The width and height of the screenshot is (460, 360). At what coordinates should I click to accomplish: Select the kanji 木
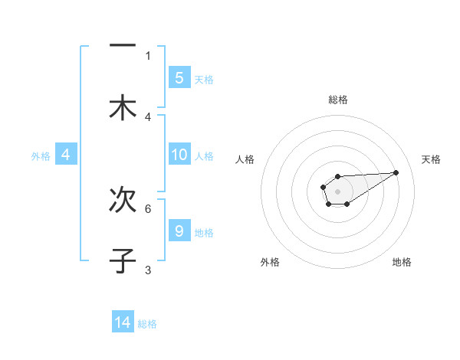(x=122, y=107)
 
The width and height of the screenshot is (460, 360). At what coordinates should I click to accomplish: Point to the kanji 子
(x=122, y=260)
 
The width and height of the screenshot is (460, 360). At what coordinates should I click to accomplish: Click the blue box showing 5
(x=179, y=77)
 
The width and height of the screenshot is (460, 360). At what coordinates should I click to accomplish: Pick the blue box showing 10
(x=179, y=155)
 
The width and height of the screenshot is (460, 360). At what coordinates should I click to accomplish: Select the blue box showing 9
(x=179, y=231)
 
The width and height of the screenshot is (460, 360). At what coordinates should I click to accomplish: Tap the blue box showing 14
(x=123, y=322)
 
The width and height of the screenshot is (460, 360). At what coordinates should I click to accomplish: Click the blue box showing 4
(x=66, y=155)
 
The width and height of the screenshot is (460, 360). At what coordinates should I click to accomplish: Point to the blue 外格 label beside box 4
(x=41, y=155)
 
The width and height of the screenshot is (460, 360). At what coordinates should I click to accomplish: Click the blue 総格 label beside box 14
(x=147, y=324)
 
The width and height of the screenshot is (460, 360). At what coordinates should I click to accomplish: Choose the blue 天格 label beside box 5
(x=204, y=79)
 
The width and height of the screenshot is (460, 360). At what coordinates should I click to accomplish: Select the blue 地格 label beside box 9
(x=204, y=232)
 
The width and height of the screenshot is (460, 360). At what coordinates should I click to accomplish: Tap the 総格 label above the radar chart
(x=338, y=100)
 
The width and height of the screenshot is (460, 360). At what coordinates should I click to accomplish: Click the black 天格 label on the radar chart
(x=432, y=159)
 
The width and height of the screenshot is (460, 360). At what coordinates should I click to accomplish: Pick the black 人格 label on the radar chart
(x=245, y=159)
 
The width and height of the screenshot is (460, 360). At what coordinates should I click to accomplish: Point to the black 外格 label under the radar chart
(x=270, y=263)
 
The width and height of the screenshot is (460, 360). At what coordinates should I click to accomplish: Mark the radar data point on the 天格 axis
(x=396, y=172)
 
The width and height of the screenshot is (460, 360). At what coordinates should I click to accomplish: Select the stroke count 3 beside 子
(x=148, y=270)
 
